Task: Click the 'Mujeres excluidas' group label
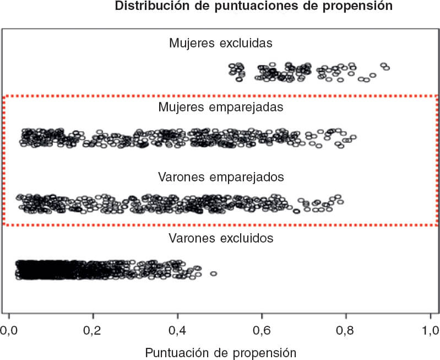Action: pos(221,42)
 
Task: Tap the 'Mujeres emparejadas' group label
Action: pos(221,106)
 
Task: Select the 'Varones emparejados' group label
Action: pos(221,178)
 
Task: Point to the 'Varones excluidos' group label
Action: pos(221,239)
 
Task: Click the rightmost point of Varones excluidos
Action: pos(214,273)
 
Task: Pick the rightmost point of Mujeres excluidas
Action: pos(387,68)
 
